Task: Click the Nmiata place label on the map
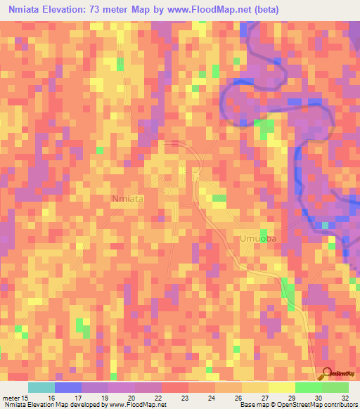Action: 128,199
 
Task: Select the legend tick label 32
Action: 345,398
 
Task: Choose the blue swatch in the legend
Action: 68,387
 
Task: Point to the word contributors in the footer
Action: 340,405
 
